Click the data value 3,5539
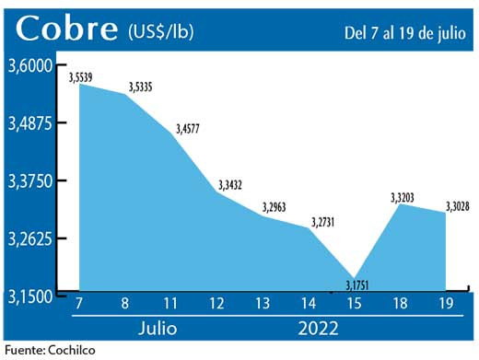[x=86, y=75]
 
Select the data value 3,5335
[x=139, y=86]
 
